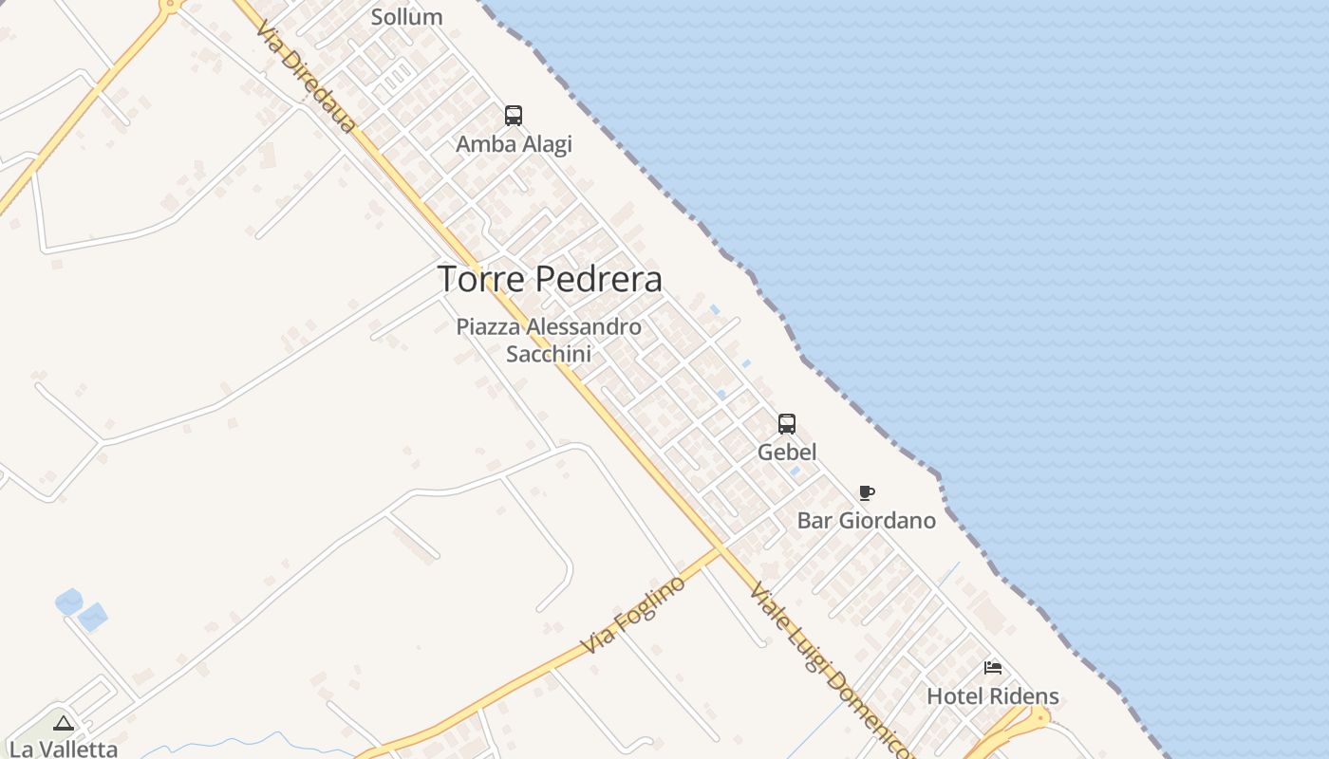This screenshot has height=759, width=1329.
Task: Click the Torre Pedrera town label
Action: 549,279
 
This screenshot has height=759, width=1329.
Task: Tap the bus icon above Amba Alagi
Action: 514,116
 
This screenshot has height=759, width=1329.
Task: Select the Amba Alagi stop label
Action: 514,144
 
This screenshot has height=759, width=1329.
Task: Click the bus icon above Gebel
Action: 787,423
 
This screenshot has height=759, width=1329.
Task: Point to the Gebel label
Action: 787,453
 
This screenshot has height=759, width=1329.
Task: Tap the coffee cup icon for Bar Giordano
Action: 866,492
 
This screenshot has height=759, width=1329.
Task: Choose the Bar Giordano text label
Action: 866,521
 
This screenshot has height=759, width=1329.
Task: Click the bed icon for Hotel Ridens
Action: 993,668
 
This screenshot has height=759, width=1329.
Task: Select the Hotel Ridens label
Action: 992,696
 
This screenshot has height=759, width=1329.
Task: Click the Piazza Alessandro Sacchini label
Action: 549,340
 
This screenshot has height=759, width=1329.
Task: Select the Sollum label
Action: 406,17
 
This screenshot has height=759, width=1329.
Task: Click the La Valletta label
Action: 64,749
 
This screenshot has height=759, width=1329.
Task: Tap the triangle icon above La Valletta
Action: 64,724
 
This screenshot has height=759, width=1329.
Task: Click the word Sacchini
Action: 549,354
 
